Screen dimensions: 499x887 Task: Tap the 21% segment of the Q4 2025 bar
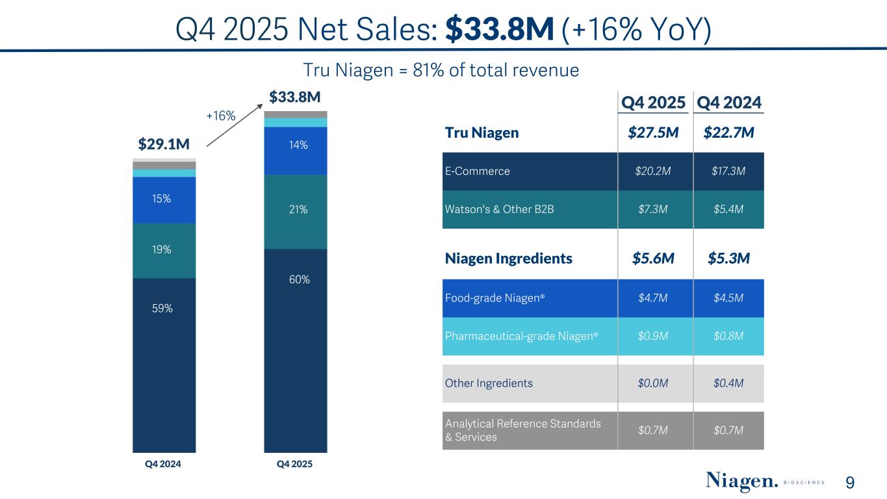(295, 211)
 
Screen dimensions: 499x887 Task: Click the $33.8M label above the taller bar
(294, 98)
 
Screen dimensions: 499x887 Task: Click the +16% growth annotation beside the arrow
(220, 116)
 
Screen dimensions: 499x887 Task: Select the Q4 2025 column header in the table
(653, 103)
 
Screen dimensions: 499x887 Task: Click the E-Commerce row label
(478, 172)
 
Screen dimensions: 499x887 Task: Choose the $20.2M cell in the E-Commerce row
(653, 172)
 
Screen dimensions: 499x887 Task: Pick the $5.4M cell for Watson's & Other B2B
(728, 209)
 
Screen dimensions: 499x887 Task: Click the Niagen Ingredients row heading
(509, 259)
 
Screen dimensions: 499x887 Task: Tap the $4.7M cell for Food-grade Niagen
(653, 298)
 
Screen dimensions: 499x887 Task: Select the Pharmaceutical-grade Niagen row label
(521, 336)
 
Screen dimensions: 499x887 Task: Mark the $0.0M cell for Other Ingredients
(653, 383)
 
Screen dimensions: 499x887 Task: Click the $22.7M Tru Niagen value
(728, 133)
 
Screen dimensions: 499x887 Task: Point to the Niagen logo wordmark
(741, 482)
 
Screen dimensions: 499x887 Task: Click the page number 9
(850, 483)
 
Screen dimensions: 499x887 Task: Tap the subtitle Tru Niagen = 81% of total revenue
(442, 70)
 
